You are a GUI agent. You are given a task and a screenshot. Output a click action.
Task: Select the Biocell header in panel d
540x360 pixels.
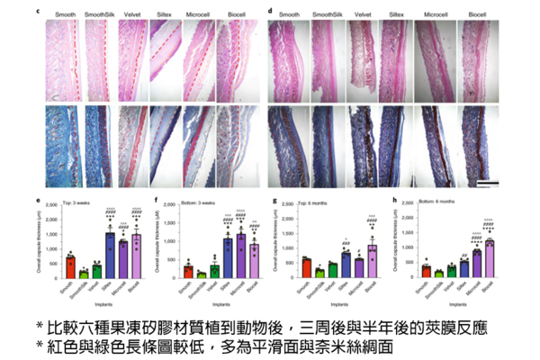[476, 17]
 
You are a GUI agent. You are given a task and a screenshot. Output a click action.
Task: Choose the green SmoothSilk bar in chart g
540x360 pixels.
[319, 271]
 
